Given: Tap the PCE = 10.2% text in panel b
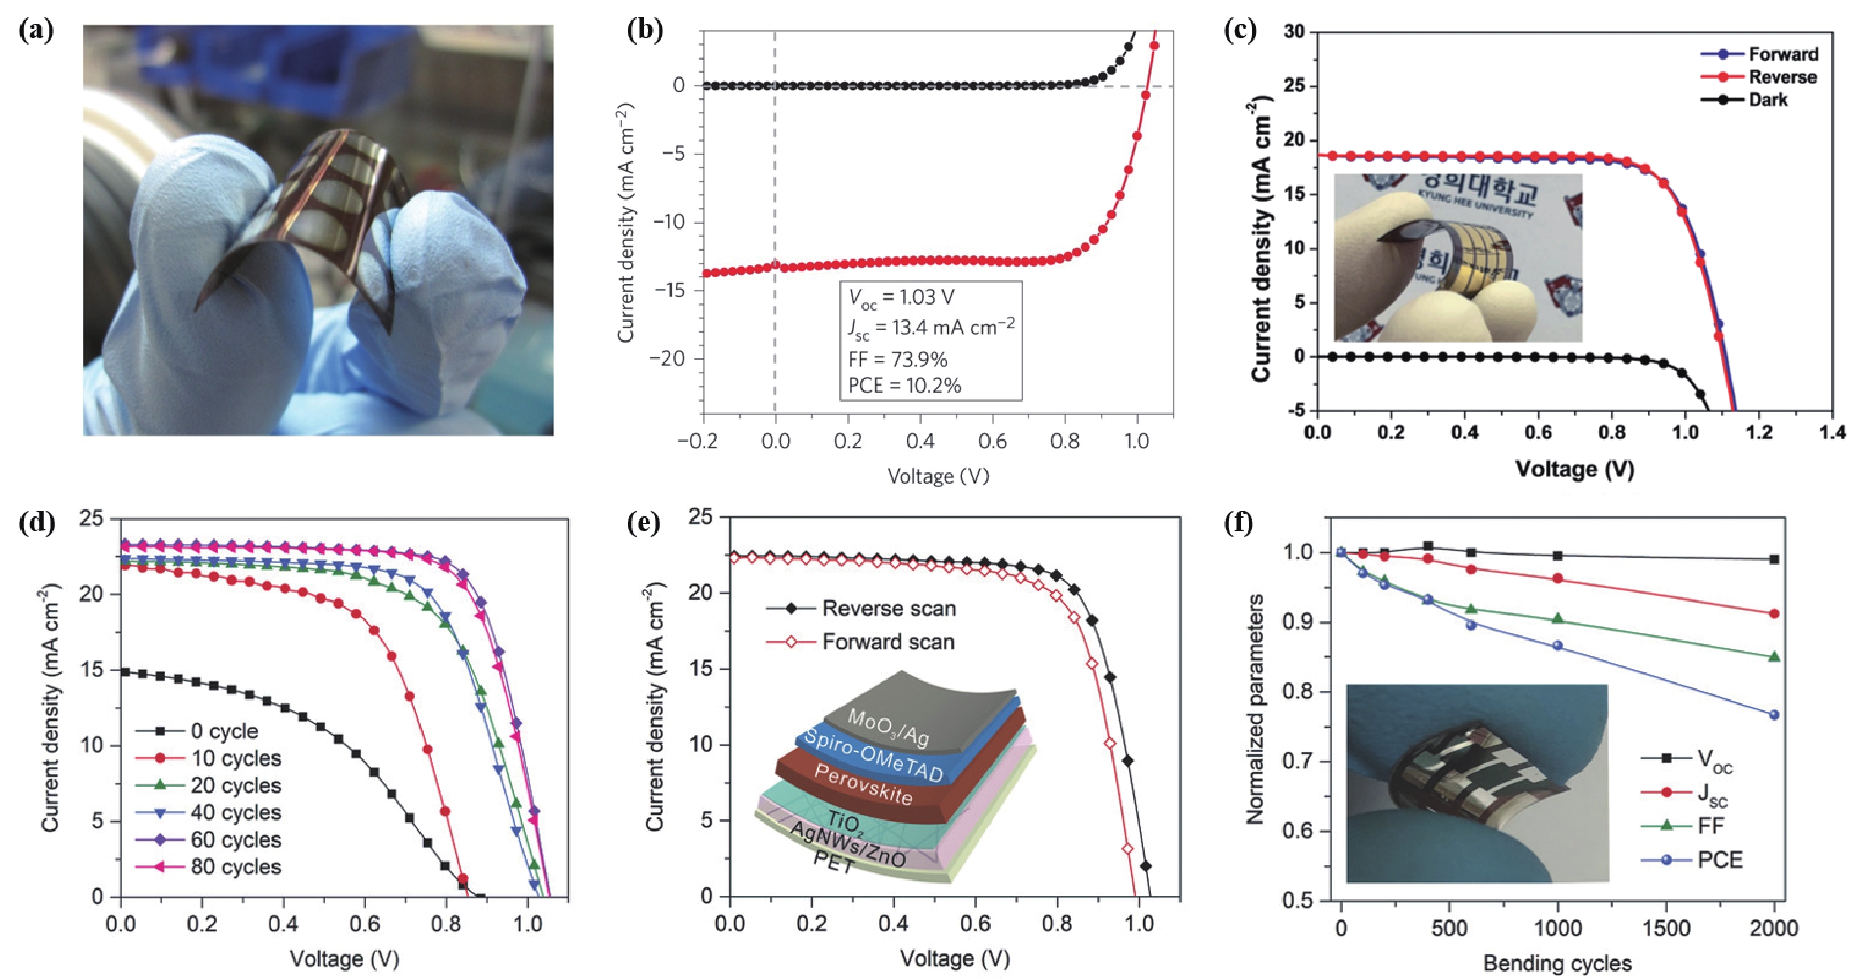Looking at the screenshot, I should coord(904,386).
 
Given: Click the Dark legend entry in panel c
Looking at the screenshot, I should coord(1767,100).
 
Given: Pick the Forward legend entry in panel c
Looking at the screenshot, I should coord(1782,54).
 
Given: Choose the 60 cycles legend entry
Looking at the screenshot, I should coord(236,840).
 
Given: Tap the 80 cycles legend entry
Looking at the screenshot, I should coord(236,866).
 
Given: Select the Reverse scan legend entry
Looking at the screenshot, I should coord(888,608).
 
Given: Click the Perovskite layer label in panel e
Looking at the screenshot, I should coord(863,784).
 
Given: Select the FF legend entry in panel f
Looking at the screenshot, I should coord(1710,825).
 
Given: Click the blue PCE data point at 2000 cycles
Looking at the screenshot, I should coord(1774,715).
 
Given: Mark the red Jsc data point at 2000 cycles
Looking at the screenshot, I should coord(1774,613).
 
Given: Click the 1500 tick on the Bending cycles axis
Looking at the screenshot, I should coord(1666,928).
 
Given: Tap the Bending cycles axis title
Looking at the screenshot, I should coord(1557,963).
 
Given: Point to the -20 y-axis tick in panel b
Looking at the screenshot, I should coord(672,359).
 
